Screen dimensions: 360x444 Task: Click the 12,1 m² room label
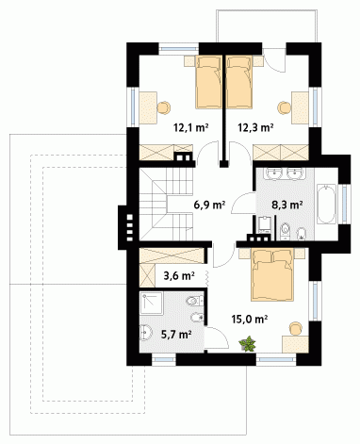191,127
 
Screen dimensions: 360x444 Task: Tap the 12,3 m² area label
255,127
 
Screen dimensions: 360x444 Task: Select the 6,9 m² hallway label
209,205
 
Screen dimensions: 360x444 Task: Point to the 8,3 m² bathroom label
286,205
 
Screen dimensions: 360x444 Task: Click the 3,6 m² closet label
179,275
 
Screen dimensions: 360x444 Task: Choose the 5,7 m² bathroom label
176,335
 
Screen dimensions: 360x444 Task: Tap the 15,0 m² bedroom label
250,319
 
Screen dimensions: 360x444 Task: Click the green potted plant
248,343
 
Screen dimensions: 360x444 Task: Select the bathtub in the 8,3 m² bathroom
326,205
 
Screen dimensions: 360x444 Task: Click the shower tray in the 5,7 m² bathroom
152,304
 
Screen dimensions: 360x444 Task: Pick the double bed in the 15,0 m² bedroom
272,274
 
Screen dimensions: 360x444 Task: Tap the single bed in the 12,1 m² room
208,82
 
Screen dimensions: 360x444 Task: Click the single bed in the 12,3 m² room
239,82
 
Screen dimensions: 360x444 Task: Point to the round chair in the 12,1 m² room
164,107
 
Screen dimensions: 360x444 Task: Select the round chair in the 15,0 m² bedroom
295,328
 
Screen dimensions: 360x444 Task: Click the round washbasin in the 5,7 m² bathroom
145,333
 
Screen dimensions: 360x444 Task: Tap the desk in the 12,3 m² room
300,107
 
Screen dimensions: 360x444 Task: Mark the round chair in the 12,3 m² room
285,107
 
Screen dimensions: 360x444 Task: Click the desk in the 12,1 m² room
148,107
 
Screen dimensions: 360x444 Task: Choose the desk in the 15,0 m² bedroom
295,344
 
